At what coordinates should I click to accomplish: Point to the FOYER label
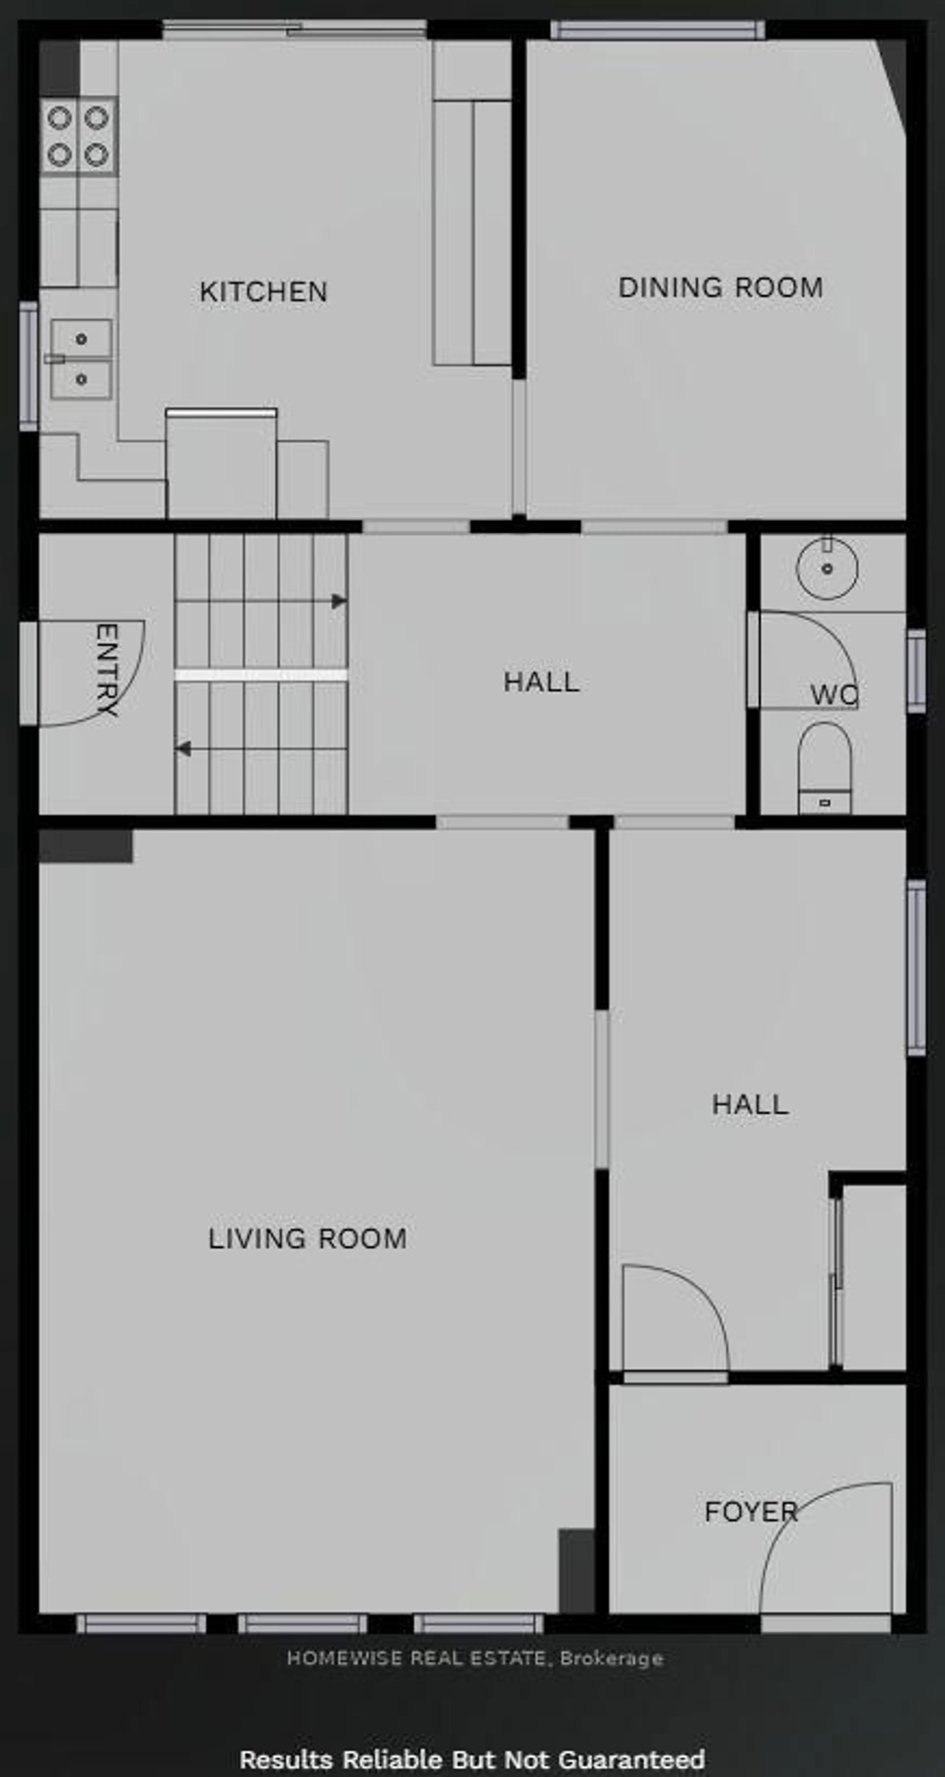[751, 1512]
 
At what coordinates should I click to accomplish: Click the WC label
[833, 695]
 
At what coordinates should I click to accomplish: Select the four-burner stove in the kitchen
[78, 136]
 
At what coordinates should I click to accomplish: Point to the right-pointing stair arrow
[338, 601]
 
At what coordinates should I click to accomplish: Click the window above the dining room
[657, 30]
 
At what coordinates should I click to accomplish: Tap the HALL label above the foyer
[750, 1105]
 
